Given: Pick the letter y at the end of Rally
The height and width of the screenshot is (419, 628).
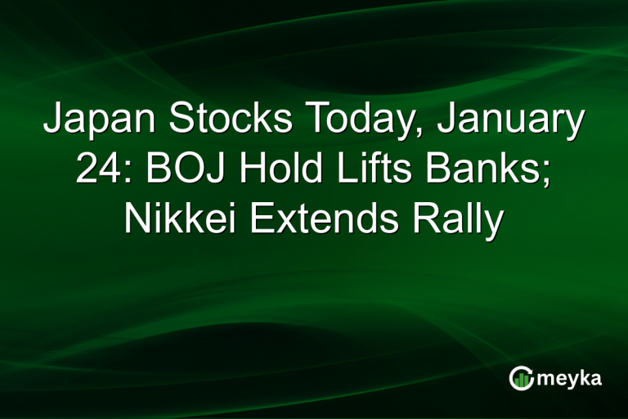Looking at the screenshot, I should click(489, 226).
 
